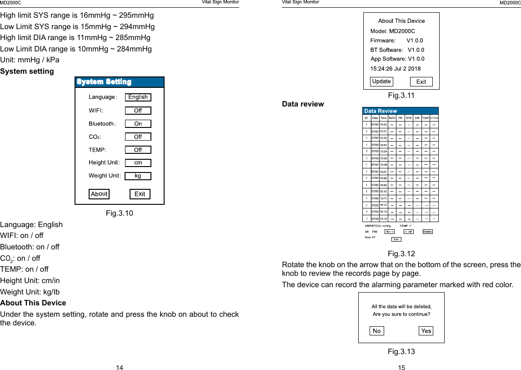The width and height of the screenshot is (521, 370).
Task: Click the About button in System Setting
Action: click(x=99, y=194)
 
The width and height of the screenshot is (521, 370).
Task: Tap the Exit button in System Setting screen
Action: click(x=140, y=194)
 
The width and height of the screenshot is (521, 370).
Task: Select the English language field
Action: click(x=138, y=97)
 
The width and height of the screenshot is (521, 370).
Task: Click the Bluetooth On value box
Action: click(x=138, y=124)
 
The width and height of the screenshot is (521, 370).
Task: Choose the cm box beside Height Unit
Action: click(x=138, y=163)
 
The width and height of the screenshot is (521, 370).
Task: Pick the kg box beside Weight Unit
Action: click(x=138, y=176)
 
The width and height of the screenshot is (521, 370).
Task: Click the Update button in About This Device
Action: click(x=381, y=81)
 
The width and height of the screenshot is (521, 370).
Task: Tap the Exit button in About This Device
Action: click(x=421, y=82)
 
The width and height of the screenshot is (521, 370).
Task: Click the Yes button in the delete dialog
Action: click(x=426, y=331)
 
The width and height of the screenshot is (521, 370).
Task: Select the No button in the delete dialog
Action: click(x=376, y=331)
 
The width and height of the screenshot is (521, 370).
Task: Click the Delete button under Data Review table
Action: click(x=427, y=232)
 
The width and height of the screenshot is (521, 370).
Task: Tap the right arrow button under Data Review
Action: click(x=408, y=232)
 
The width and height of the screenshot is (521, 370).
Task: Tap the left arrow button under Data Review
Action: click(x=390, y=232)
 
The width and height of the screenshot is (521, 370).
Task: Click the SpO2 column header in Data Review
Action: click(x=391, y=117)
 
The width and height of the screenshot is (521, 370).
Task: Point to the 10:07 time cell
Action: click(x=383, y=172)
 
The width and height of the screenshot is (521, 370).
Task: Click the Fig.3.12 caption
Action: click(x=401, y=253)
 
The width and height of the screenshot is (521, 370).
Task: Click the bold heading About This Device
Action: click(x=33, y=303)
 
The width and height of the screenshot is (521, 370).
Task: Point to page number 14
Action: click(x=119, y=367)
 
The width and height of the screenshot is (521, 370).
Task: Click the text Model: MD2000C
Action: click(x=392, y=31)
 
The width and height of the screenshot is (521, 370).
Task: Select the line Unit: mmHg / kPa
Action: click(x=30, y=60)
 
